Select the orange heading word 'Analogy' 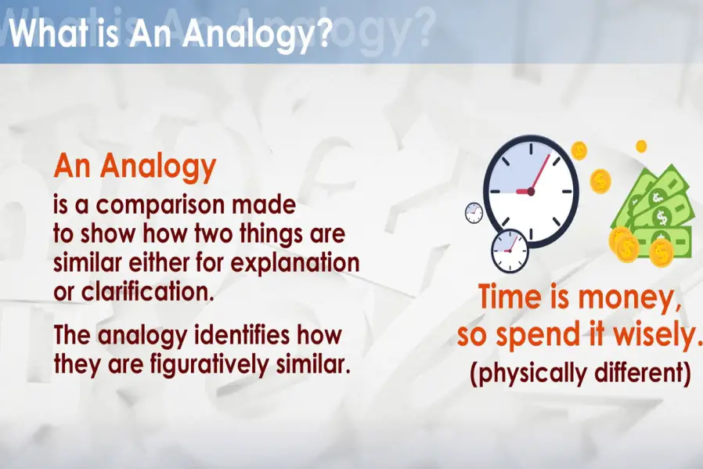pyautogui.click(x=158, y=168)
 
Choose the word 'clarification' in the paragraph pyautogui.click(x=145, y=291)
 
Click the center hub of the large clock pyautogui.click(x=531, y=192)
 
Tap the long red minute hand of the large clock pyautogui.click(x=540, y=172)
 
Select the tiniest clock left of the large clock pyautogui.click(x=474, y=212)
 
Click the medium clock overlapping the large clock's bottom pyautogui.click(x=510, y=251)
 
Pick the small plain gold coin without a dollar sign pyautogui.click(x=642, y=146)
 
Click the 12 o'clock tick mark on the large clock pyautogui.click(x=531, y=150)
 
